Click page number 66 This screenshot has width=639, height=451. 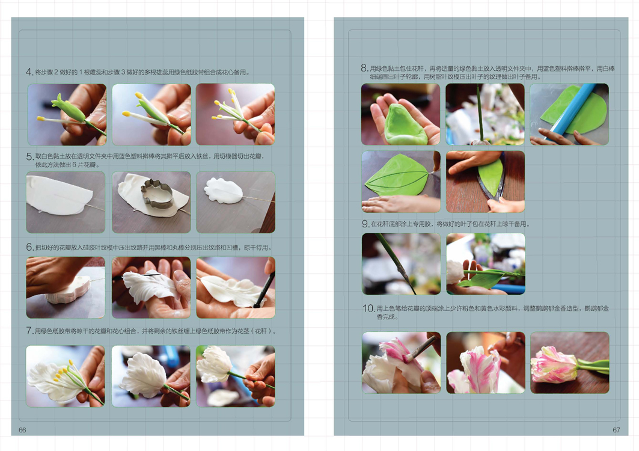pyautogui.click(x=22, y=430)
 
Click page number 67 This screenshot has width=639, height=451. pyautogui.click(x=616, y=430)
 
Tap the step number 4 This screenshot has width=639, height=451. pyautogui.click(x=29, y=72)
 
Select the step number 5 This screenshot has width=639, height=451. pyautogui.click(x=29, y=156)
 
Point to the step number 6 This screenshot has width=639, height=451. pyautogui.click(x=29, y=248)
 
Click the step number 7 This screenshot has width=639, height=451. pyautogui.click(x=29, y=331)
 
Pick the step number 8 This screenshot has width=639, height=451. pyautogui.click(x=364, y=68)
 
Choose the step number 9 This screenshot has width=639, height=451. pyautogui.click(x=365, y=224)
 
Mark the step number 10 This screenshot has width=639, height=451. pyautogui.click(x=368, y=308)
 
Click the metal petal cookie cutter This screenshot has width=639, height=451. pyautogui.click(x=157, y=194)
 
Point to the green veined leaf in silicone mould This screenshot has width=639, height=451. pyautogui.click(x=397, y=174)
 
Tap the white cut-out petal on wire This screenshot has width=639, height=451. pyautogui.click(x=224, y=191)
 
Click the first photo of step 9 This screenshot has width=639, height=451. pyautogui.click(x=402, y=264)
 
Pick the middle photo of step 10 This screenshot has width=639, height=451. pyautogui.click(x=485, y=363)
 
